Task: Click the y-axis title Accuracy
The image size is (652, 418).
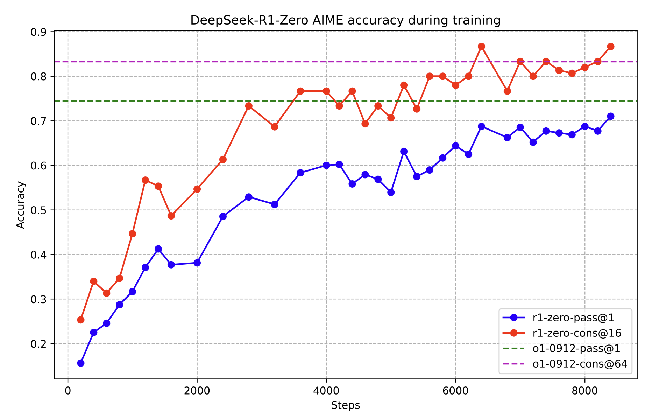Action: click(x=21, y=205)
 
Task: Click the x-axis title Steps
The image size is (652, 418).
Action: click(x=346, y=405)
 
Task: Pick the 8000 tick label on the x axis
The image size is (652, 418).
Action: click(x=585, y=390)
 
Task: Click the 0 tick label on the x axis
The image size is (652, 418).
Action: click(x=68, y=390)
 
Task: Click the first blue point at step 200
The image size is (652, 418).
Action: click(x=81, y=363)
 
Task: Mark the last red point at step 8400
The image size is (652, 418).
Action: click(x=611, y=47)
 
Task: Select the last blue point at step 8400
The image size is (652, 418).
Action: click(x=611, y=116)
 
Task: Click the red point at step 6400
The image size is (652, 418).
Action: click(x=482, y=47)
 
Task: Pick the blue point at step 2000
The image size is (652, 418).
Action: click(x=197, y=263)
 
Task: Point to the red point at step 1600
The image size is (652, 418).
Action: click(x=171, y=216)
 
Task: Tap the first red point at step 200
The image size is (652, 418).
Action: click(x=81, y=320)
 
